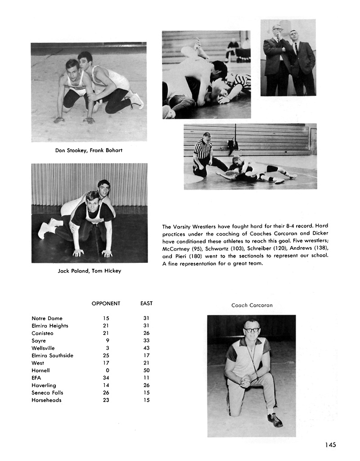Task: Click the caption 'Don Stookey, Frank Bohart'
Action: pyautogui.click(x=89, y=150)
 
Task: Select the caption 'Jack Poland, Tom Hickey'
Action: pyautogui.click(x=90, y=271)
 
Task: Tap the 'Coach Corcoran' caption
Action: pyautogui.click(x=252, y=305)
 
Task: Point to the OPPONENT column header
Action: pyautogui.click(x=106, y=303)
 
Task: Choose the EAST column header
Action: pyautogui.click(x=146, y=303)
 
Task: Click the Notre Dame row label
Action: pyautogui.click(x=47, y=318)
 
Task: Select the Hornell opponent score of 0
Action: pyautogui.click(x=108, y=371)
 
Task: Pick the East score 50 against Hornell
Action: pyautogui.click(x=146, y=371)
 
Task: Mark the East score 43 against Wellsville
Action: pyautogui.click(x=146, y=348)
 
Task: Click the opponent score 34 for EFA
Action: pyautogui.click(x=106, y=378)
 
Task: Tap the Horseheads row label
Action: pyautogui.click(x=46, y=400)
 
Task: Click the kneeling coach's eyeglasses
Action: pyautogui.click(x=252, y=330)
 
